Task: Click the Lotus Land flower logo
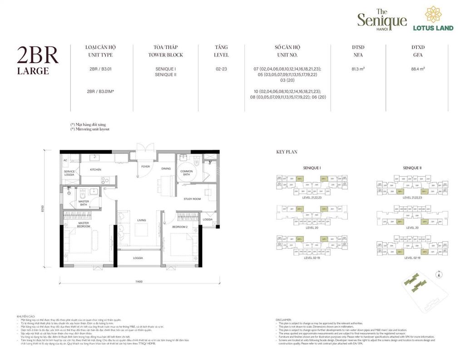pos(432,15)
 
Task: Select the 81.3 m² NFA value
pos(358,69)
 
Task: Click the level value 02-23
pos(221,69)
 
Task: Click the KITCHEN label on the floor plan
pos(95,170)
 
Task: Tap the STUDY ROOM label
pos(193,199)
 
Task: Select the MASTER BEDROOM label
pos(84,224)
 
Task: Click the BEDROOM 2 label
pos(180,226)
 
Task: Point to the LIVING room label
pos(142,220)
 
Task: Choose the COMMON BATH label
pos(187,173)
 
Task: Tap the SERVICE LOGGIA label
pos(69,173)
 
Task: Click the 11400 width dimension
pos(139,282)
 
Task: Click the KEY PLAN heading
pos(287,152)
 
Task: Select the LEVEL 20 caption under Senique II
pos(412,228)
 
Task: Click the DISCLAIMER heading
pos(284,320)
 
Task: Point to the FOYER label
pos(145,167)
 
